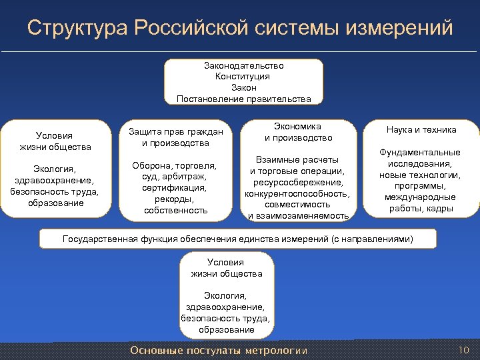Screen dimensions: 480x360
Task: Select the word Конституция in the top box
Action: (x=243, y=77)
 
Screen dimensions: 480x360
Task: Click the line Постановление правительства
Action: (x=243, y=99)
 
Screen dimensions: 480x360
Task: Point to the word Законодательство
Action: (x=243, y=66)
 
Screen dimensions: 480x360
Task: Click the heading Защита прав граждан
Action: (x=175, y=132)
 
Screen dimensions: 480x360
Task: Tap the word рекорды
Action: (x=175, y=199)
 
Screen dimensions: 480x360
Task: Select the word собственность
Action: (x=175, y=210)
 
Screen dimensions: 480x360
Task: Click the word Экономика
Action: (x=297, y=127)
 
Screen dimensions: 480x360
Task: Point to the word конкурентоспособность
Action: (x=297, y=193)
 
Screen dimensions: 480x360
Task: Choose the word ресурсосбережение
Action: (x=297, y=182)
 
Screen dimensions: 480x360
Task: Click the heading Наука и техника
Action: (x=421, y=130)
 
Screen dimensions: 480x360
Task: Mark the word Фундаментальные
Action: (x=420, y=153)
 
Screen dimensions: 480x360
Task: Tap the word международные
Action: (x=420, y=197)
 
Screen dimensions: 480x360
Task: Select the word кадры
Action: (x=441, y=209)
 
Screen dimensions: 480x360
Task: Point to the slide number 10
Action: (x=464, y=350)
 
